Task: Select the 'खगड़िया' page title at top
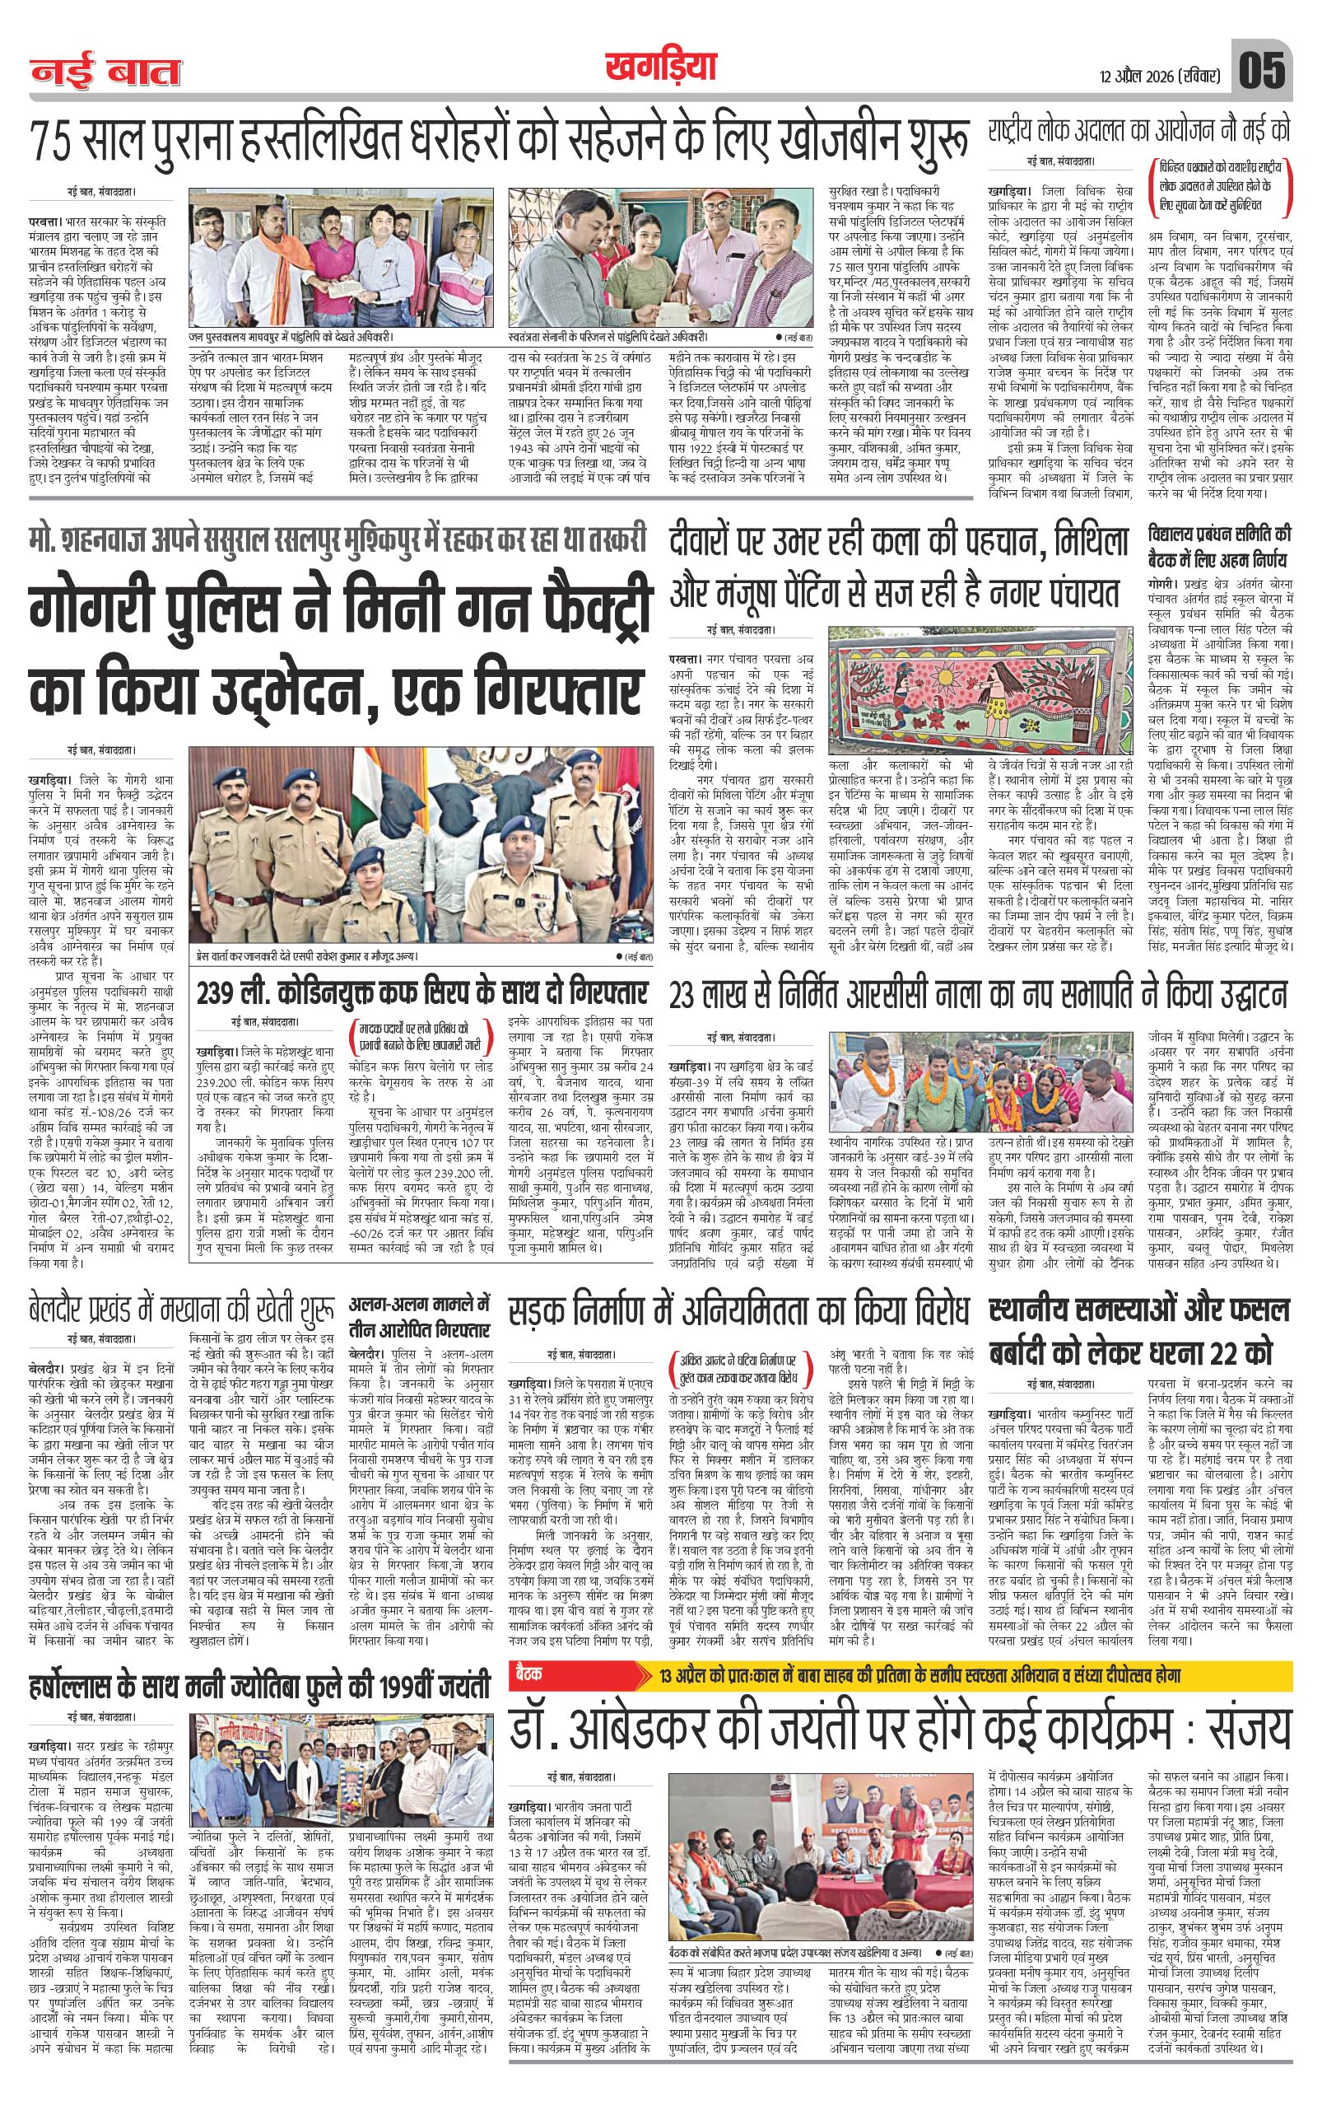[659, 67]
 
